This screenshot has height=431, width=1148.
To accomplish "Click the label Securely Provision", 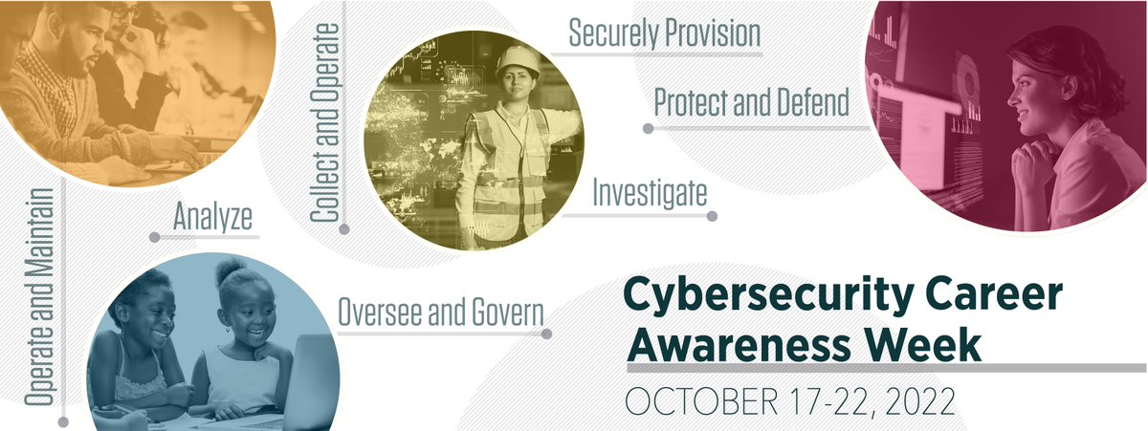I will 664,33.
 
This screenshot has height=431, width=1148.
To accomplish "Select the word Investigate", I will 650,193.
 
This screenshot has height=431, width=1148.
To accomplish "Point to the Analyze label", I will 212,217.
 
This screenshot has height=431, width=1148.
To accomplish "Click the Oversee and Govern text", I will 441,312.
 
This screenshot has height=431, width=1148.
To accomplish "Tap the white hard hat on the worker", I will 518,60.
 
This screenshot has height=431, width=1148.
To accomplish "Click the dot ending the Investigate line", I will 712,216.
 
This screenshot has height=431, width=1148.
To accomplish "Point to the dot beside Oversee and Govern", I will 547,334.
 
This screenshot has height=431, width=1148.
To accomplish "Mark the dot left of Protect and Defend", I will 648,127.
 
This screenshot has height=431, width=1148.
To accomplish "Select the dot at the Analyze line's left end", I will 154,236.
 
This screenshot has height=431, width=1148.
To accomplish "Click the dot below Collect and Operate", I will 344,228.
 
